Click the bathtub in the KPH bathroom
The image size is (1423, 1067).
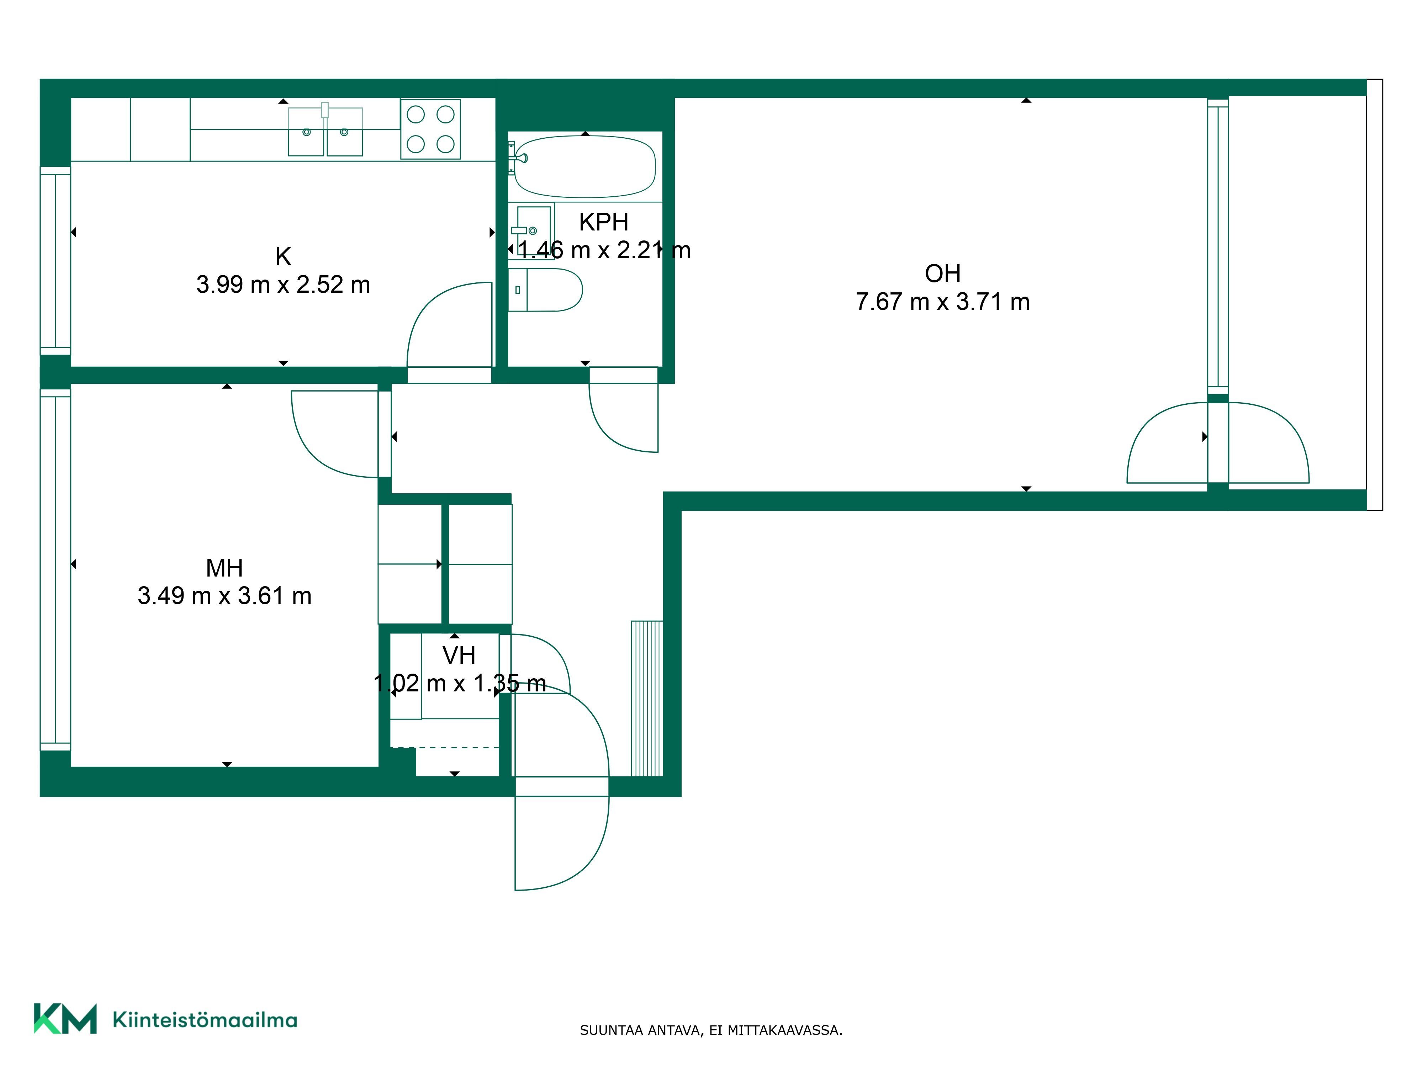(585, 166)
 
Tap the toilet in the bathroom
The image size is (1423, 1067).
(545, 290)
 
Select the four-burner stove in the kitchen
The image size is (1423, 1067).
(430, 129)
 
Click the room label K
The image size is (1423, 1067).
(283, 257)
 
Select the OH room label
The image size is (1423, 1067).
(942, 274)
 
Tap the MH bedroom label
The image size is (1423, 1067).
(224, 568)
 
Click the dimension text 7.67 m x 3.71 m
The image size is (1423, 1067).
(942, 302)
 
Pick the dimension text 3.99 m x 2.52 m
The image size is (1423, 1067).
(283, 284)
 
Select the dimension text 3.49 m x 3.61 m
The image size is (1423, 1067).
(224, 596)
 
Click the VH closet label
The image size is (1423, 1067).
(459, 655)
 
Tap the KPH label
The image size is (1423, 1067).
(603, 222)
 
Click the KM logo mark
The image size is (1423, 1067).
(65, 1019)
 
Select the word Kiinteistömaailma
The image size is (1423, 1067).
(205, 1019)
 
